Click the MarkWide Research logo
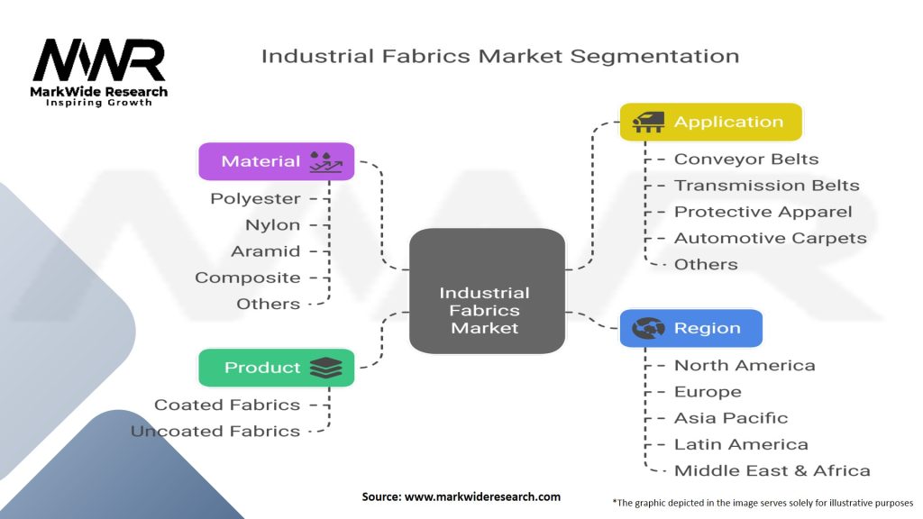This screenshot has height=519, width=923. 99,72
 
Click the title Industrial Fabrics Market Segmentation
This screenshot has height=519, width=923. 499,56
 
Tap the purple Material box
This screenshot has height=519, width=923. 276,161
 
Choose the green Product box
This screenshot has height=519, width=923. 276,368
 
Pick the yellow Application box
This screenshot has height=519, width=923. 710,122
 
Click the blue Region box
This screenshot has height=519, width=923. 690,329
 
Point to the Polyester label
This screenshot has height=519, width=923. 255,198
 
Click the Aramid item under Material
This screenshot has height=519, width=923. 265,251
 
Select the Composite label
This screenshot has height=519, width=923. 248,278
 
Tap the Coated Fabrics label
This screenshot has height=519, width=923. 227,405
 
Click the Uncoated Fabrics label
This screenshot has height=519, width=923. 215,432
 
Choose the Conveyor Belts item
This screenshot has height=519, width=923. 746,159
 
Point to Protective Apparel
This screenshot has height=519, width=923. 763,212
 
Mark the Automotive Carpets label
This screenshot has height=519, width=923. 770,238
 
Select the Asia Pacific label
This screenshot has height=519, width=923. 731,418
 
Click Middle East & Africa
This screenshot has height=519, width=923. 772,470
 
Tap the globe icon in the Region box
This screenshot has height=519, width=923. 648,329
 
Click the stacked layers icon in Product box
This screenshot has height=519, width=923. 324,368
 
